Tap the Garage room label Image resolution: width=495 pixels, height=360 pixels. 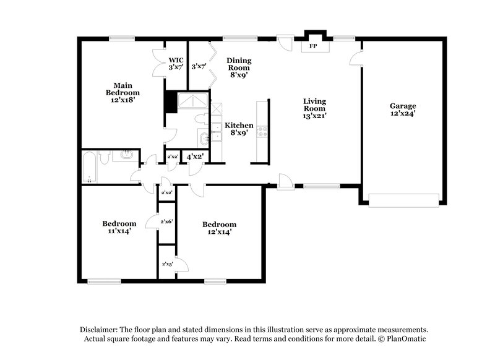pyautogui.click(x=402, y=109)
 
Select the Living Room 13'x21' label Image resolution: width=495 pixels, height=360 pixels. pyautogui.click(x=314, y=108)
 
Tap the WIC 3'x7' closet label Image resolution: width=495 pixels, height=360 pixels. pyautogui.click(x=176, y=63)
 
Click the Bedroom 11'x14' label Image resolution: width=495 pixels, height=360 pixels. pyautogui.click(x=119, y=227)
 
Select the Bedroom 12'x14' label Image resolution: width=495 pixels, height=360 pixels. pyautogui.click(x=219, y=228)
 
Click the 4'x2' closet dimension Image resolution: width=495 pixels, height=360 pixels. pyautogui.click(x=196, y=157)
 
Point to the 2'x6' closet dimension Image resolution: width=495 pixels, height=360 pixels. pyautogui.click(x=166, y=221)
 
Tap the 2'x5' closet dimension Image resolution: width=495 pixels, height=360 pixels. pyautogui.click(x=166, y=264)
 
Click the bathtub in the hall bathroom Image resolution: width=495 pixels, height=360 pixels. pyautogui.click(x=90, y=167)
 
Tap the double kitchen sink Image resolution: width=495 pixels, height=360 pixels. pyautogui.click(x=217, y=128)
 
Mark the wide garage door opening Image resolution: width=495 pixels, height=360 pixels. pyautogui.click(x=403, y=200)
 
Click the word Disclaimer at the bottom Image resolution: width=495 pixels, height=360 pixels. pyautogui.click(x=100, y=330)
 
